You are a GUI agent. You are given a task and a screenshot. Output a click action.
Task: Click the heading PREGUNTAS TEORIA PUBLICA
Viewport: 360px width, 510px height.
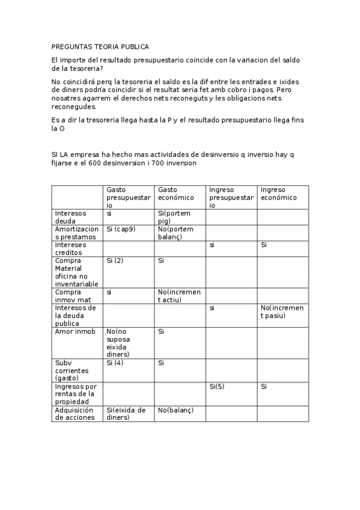(100, 46)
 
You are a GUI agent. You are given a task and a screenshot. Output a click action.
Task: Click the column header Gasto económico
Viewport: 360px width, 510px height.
(176, 193)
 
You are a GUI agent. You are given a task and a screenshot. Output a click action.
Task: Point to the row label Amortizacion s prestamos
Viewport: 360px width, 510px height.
(76, 233)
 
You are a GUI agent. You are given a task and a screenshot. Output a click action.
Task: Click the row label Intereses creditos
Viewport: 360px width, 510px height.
(71, 248)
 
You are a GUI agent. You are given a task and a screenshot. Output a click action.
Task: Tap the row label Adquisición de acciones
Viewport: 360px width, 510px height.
(75, 414)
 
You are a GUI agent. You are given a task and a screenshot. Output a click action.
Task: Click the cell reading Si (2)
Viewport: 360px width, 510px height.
(115, 260)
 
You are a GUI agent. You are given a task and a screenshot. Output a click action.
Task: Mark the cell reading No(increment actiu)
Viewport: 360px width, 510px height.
(179, 296)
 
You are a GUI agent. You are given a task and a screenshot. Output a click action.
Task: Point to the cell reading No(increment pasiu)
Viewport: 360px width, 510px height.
(282, 312)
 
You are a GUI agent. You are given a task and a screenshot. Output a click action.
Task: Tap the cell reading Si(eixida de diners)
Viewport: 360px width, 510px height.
(126, 414)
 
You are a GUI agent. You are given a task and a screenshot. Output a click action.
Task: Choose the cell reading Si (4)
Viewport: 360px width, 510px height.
(115, 363)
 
